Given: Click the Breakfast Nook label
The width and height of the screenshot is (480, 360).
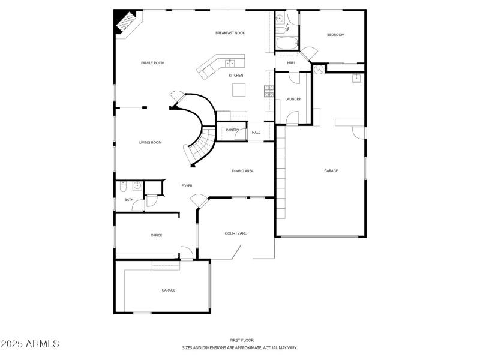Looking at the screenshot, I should [x=230, y=33].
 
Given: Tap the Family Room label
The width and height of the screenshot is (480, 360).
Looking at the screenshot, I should [x=152, y=63].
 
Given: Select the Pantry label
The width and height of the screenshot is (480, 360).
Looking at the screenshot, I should [x=233, y=130].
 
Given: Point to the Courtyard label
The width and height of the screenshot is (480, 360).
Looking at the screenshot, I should [x=236, y=233].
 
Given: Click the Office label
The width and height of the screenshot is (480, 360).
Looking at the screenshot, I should [x=156, y=235].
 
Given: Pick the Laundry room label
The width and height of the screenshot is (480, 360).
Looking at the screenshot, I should [x=293, y=99].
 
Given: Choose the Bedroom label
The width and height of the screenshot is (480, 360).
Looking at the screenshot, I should [x=335, y=35].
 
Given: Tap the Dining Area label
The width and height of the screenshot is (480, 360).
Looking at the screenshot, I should [x=242, y=171].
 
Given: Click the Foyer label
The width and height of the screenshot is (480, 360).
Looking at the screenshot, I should [x=187, y=186].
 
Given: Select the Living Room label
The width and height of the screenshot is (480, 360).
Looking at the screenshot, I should [x=151, y=143].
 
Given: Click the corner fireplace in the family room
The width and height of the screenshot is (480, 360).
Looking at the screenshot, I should [x=125, y=23].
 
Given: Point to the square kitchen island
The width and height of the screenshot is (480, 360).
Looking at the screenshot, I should [x=239, y=89].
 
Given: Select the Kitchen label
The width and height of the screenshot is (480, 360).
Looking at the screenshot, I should [x=236, y=76].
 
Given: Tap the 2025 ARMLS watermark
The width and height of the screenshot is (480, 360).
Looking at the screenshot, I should [x=30, y=344].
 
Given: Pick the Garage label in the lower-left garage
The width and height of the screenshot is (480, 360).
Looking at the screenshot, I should [x=168, y=290].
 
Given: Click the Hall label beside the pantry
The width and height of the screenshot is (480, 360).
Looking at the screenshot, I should [x=256, y=133].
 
